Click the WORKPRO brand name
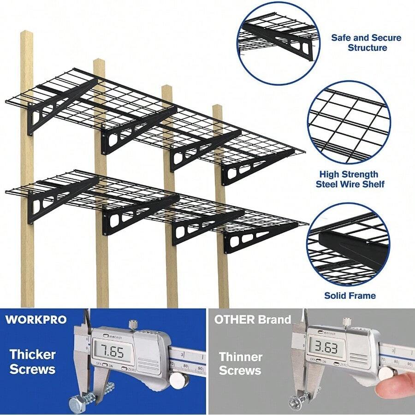[36, 320]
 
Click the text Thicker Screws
[33, 362]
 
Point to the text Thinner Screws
[240, 363]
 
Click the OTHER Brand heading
[252, 320]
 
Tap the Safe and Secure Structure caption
[366, 42]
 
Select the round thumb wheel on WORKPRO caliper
[178, 379]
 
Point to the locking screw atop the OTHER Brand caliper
[346, 321]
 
